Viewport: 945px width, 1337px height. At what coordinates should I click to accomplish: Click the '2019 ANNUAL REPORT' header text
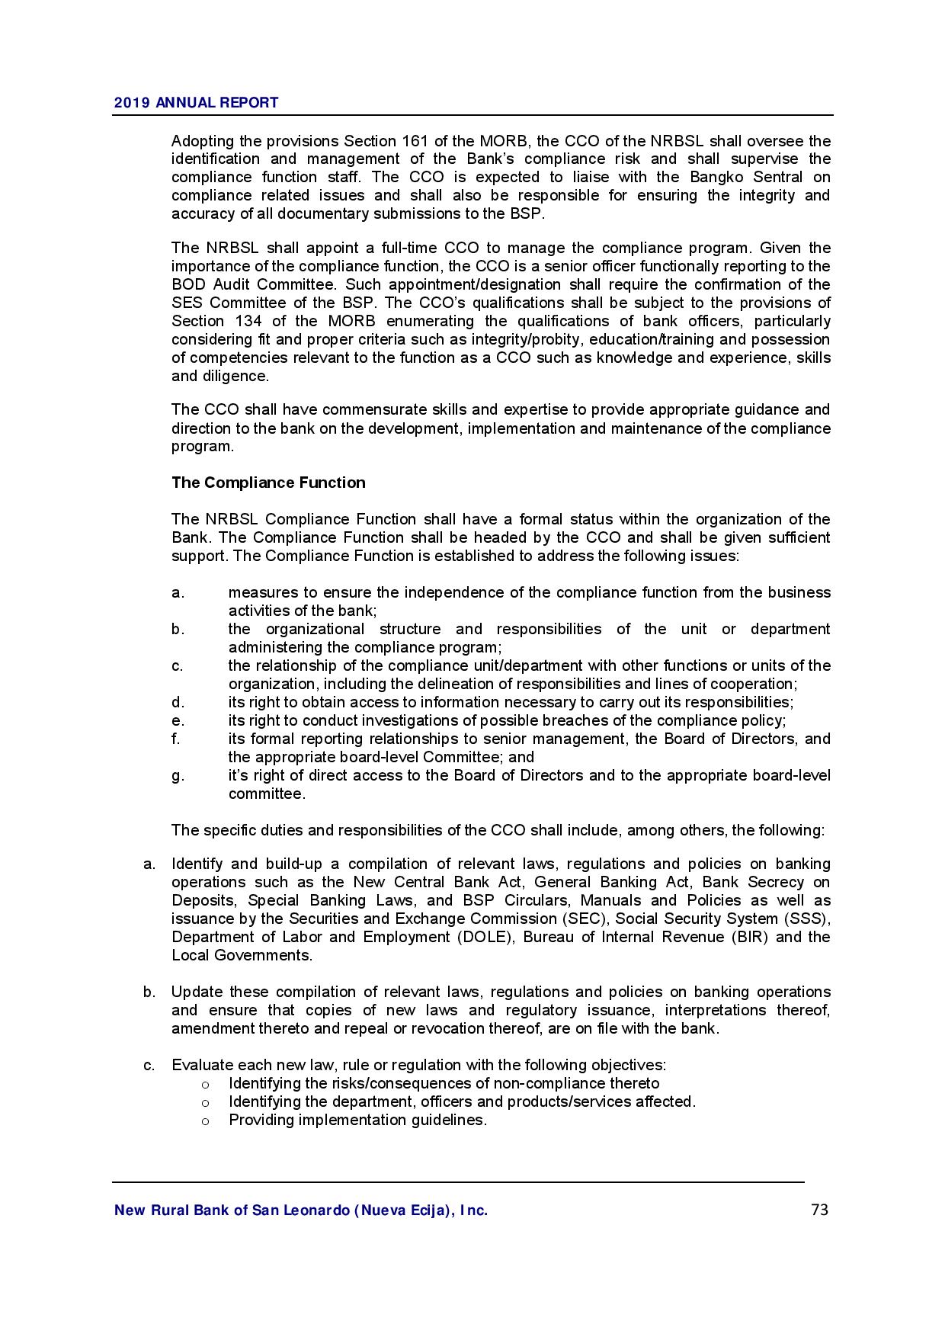click(196, 103)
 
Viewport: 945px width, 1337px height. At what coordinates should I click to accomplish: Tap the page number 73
click(819, 1210)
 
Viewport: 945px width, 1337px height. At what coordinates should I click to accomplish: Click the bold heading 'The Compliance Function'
click(268, 483)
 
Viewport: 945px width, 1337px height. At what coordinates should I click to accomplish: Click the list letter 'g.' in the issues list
click(178, 775)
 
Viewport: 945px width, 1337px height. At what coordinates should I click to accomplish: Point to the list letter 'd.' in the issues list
click(178, 702)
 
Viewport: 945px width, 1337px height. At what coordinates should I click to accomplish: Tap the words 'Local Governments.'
click(242, 955)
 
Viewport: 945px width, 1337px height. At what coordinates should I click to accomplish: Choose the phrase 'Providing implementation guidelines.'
click(357, 1120)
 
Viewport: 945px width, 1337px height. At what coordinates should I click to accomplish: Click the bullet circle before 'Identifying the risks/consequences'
click(205, 1084)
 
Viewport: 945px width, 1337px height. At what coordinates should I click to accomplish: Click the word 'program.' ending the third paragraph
click(202, 447)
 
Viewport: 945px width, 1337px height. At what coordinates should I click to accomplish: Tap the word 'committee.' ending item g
click(267, 794)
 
